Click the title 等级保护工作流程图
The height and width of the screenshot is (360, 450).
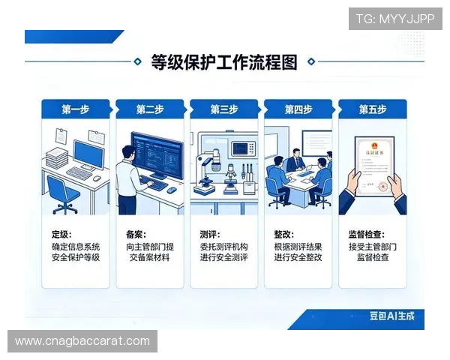[224, 62]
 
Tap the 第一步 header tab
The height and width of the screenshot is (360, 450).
[75, 109]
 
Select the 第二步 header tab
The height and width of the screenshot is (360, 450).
[150, 109]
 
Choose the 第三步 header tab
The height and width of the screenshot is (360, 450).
[224, 109]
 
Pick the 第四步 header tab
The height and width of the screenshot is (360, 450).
[298, 109]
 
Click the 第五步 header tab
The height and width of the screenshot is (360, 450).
[373, 109]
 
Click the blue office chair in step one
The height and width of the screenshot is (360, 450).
[66, 193]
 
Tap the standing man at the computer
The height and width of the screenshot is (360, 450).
[128, 176]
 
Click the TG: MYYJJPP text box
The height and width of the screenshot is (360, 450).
[395, 18]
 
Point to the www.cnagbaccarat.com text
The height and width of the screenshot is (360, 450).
[82, 341]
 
